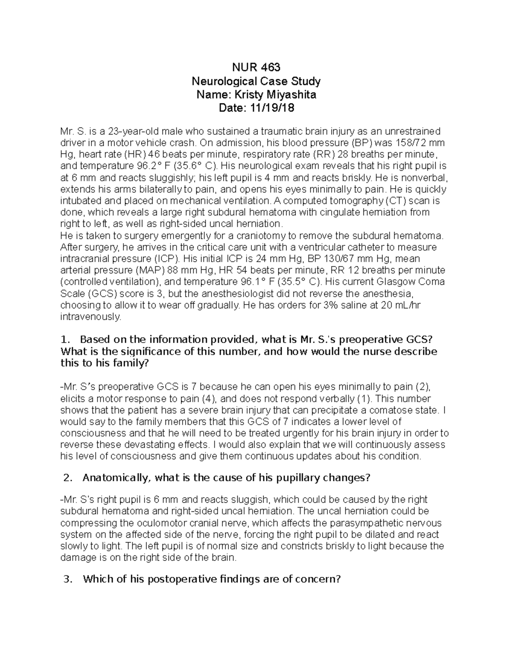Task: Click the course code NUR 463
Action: pyautogui.click(x=256, y=68)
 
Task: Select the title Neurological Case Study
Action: pyautogui.click(x=256, y=81)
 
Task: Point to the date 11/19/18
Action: pyautogui.click(x=273, y=108)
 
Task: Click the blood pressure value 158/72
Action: pyautogui.click(x=409, y=143)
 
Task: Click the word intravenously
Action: pyautogui.click(x=91, y=317)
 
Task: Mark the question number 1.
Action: pyautogui.click(x=65, y=340)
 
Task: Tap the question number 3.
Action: pyautogui.click(x=66, y=579)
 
